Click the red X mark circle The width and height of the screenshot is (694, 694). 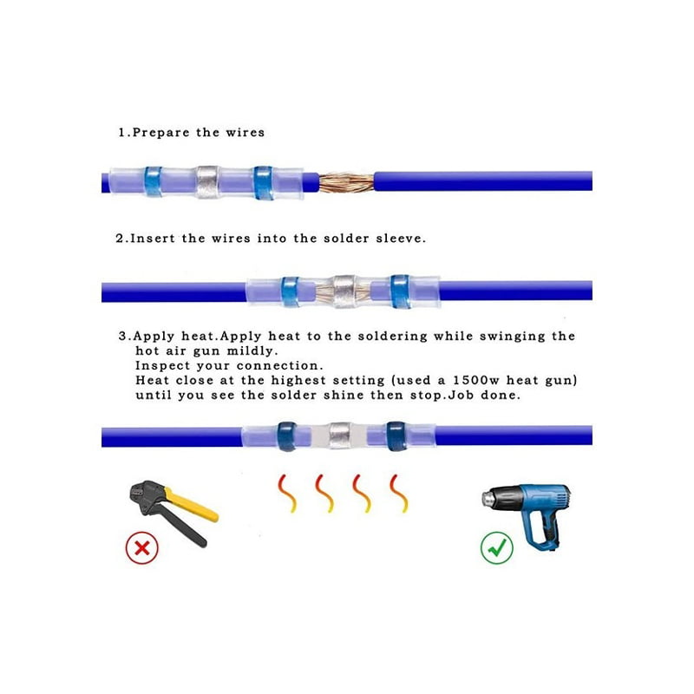tap(141, 547)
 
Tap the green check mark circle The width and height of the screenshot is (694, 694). tap(496, 547)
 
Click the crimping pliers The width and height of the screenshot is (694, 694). tap(173, 511)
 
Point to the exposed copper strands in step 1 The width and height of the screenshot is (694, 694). tap(346, 183)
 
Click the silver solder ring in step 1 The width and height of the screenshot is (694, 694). tap(207, 182)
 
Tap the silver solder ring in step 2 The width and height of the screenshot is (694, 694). tap(344, 291)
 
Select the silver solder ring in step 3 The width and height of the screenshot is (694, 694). tap(340, 435)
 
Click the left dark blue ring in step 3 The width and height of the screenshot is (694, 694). tap(287, 436)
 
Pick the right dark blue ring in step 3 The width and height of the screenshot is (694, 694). tap(396, 436)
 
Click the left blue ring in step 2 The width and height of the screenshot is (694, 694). tap(290, 291)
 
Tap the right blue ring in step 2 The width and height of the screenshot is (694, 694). tap(400, 291)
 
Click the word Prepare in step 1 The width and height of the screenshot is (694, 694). tap(161, 133)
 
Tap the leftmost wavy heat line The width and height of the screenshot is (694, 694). tap(287, 494)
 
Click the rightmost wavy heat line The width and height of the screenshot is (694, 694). tap(399, 494)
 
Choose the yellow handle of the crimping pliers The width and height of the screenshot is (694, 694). tap(191, 505)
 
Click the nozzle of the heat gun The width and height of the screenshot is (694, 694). tap(488, 498)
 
